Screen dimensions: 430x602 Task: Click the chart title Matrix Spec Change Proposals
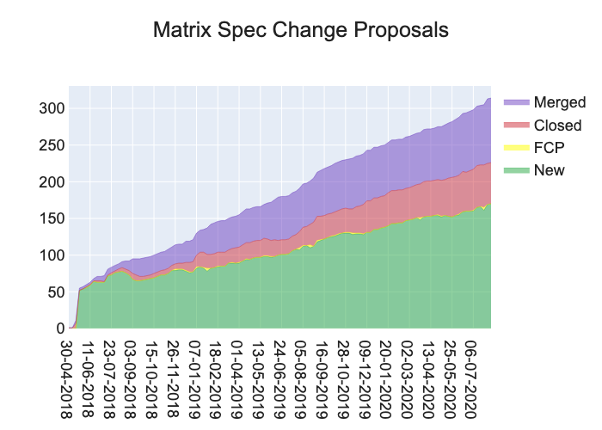click(301, 30)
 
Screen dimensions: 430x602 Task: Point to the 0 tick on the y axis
click(58, 329)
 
